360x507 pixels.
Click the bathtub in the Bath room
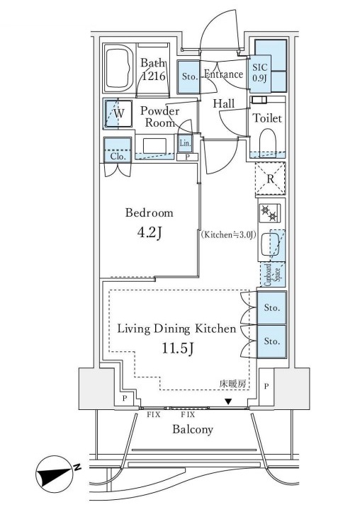pyautogui.click(x=119, y=69)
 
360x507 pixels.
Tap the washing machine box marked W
pyautogui.click(x=118, y=113)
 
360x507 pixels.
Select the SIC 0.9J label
pyautogui.click(x=260, y=73)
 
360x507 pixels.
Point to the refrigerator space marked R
pyautogui.click(x=270, y=178)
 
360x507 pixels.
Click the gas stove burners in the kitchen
pyautogui.click(x=269, y=213)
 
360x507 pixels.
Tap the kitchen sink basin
pyautogui.click(x=271, y=245)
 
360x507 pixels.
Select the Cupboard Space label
pyautogui.click(x=272, y=275)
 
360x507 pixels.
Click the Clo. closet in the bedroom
pyautogui.click(x=118, y=150)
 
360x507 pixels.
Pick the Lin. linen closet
pyautogui.click(x=185, y=143)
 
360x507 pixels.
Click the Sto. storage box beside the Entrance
pyautogui.click(x=189, y=77)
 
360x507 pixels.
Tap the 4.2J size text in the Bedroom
pyautogui.click(x=150, y=233)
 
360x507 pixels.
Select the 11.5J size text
pyautogui.click(x=177, y=348)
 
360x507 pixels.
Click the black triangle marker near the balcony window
pyautogui.click(x=229, y=401)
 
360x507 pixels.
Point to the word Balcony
pyautogui.click(x=193, y=429)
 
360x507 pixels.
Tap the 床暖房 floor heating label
pyautogui.click(x=232, y=384)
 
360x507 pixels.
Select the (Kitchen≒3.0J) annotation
pyautogui.click(x=228, y=235)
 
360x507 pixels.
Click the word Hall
pyautogui.click(x=224, y=103)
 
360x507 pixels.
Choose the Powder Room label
pyautogui.click(x=159, y=117)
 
